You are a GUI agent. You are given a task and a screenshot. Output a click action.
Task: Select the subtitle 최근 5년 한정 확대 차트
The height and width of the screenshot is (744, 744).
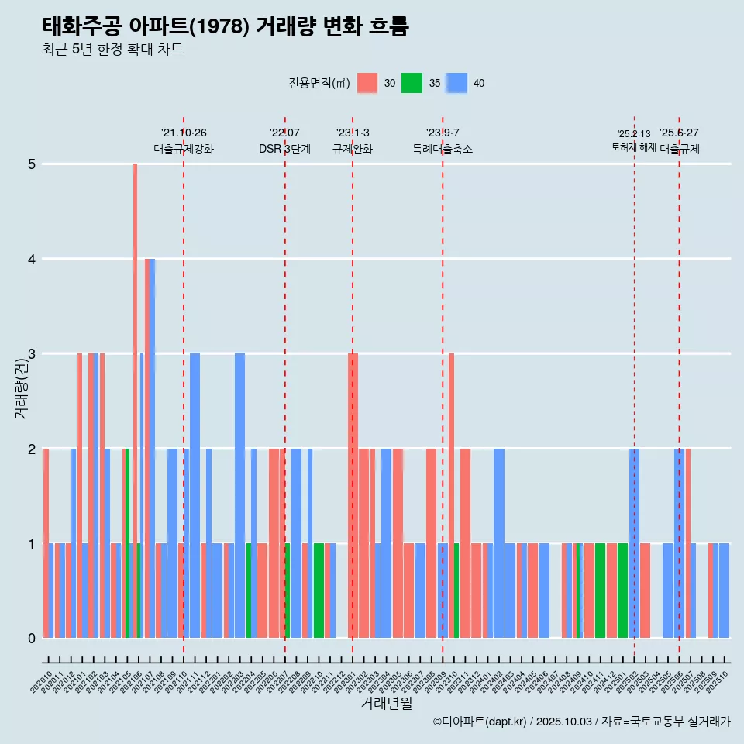click(x=112, y=50)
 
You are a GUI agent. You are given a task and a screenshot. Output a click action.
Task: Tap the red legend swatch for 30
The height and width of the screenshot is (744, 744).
click(x=367, y=83)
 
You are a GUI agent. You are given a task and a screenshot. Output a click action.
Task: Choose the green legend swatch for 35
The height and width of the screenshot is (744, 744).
click(x=412, y=83)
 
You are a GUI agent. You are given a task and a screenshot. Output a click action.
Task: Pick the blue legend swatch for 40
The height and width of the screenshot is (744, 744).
click(x=456, y=83)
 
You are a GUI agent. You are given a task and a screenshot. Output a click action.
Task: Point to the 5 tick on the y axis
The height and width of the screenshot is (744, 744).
click(x=32, y=164)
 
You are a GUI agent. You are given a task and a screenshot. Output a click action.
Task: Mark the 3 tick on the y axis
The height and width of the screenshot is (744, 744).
click(x=32, y=354)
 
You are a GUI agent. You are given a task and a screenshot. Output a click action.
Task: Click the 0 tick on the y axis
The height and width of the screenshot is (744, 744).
click(x=32, y=639)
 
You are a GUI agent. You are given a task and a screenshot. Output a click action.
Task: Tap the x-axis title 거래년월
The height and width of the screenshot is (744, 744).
click(x=386, y=703)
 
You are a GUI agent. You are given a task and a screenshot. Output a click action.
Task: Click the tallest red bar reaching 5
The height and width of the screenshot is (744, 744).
click(x=135, y=387)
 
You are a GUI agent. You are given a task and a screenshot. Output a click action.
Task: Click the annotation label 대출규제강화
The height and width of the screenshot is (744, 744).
click(x=184, y=149)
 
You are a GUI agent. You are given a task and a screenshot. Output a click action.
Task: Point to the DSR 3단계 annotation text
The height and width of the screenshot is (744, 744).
click(x=284, y=149)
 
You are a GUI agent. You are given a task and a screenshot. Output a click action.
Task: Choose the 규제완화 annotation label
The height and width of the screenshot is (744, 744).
click(x=353, y=149)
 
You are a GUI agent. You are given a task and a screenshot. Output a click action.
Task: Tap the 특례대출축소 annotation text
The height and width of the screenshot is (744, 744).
click(x=443, y=149)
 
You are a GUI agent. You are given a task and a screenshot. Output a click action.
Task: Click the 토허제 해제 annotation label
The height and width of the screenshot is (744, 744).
click(x=633, y=147)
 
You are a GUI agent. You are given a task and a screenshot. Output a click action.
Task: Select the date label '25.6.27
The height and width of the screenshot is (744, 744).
click(x=679, y=133)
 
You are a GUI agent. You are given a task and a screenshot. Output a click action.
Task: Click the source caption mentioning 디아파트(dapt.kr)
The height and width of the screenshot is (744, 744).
click(x=581, y=722)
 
